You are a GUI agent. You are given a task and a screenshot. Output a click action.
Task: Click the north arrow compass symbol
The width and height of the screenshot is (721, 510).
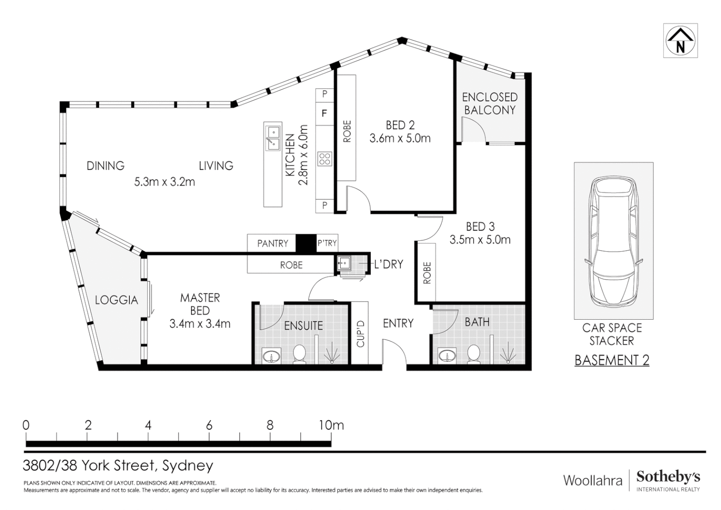[x=680, y=41]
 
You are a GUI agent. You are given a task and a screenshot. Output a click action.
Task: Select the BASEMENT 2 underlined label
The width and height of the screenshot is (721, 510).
[x=612, y=360]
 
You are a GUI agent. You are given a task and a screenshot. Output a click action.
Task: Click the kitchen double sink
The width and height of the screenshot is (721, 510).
[x=272, y=137]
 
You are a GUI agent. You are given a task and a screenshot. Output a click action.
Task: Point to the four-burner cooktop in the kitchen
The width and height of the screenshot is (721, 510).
[x=325, y=159]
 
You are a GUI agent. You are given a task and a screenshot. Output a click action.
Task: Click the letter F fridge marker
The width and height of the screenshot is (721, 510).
[x=324, y=113]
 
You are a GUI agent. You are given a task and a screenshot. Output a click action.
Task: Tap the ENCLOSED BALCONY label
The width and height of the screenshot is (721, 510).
[x=489, y=103]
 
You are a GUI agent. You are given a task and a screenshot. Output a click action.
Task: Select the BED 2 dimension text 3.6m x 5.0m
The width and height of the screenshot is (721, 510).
[x=400, y=138]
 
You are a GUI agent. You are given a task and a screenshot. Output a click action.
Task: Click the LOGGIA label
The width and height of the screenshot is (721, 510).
[x=116, y=300]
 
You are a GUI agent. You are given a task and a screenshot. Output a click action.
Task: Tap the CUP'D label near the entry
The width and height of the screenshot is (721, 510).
[x=360, y=334]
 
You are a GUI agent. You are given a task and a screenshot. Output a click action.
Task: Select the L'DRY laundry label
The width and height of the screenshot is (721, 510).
[x=388, y=264]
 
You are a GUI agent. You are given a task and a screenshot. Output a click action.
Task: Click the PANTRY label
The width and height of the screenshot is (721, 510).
[x=272, y=243]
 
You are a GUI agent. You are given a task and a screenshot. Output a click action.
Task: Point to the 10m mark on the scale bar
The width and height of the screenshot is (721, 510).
[x=331, y=425]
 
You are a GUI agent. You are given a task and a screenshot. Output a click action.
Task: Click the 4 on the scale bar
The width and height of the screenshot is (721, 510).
[x=148, y=425]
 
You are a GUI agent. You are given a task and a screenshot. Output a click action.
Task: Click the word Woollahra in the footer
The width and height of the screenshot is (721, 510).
[x=593, y=481]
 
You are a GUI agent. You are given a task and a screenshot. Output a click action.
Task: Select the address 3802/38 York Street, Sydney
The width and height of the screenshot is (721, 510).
[x=118, y=466]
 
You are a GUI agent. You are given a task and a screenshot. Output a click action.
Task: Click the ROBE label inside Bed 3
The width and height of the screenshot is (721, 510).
[x=427, y=273]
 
